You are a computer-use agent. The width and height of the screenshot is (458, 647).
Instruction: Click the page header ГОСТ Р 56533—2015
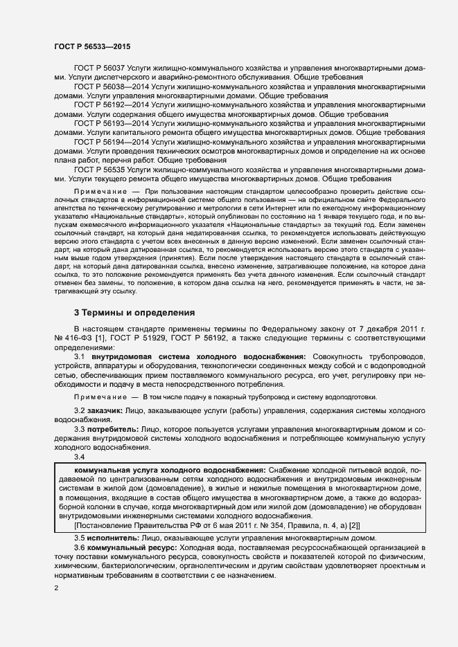click(91, 46)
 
